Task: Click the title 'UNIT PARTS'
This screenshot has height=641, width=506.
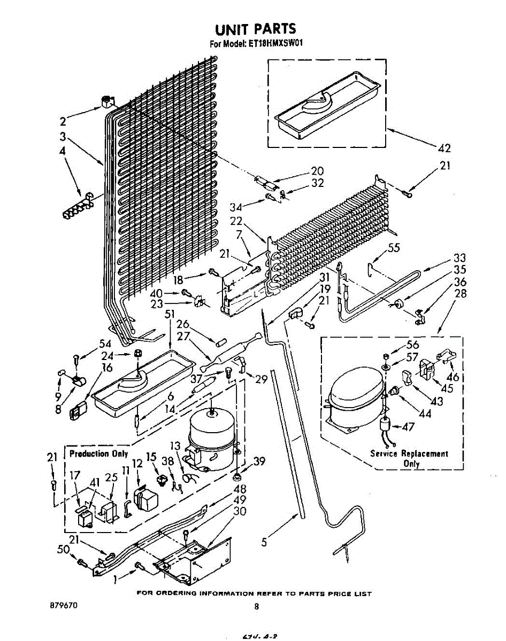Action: coord(255,29)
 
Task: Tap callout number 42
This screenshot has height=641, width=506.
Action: coord(444,148)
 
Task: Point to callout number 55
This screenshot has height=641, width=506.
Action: coord(394,247)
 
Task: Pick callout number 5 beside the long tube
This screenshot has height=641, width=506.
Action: coord(264,543)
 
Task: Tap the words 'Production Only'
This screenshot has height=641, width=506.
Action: coord(99,454)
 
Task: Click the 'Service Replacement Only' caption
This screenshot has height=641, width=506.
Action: coord(410,458)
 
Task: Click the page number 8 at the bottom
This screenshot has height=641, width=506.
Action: coord(257,606)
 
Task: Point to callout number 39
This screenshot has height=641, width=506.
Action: coord(259,462)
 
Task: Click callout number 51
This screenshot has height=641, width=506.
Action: coord(170,314)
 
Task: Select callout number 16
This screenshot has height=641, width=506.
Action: coord(107,368)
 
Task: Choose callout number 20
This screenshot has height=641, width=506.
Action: coord(317,171)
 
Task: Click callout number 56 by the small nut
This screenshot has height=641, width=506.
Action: coord(412,345)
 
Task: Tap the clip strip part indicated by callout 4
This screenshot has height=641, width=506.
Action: coord(76,206)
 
